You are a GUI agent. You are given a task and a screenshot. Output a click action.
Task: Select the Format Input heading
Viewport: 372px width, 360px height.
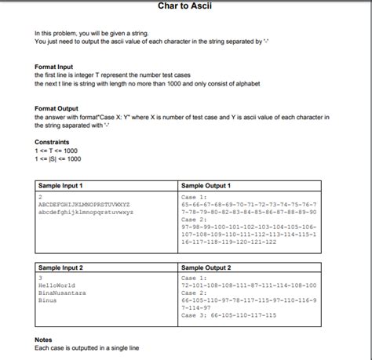(54, 67)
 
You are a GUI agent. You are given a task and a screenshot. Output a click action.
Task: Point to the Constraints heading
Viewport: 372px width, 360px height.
(53, 142)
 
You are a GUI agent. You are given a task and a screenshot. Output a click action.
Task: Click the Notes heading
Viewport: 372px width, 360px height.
(44, 340)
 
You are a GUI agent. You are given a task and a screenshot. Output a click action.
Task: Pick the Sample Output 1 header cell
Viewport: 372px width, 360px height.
(206, 186)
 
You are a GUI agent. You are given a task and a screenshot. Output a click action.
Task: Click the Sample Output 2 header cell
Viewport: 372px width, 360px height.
(206, 268)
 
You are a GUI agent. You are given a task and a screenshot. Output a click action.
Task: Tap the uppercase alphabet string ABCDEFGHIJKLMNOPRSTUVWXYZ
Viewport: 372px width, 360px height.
(84, 204)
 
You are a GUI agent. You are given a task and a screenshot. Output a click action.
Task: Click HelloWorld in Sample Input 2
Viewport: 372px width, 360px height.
(56, 285)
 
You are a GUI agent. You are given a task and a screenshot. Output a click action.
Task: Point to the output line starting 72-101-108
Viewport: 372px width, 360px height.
(249, 285)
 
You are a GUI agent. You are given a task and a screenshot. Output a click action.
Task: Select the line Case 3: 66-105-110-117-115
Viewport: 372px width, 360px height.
(235, 315)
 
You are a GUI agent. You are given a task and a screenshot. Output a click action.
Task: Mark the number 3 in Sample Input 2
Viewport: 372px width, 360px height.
(40, 278)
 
